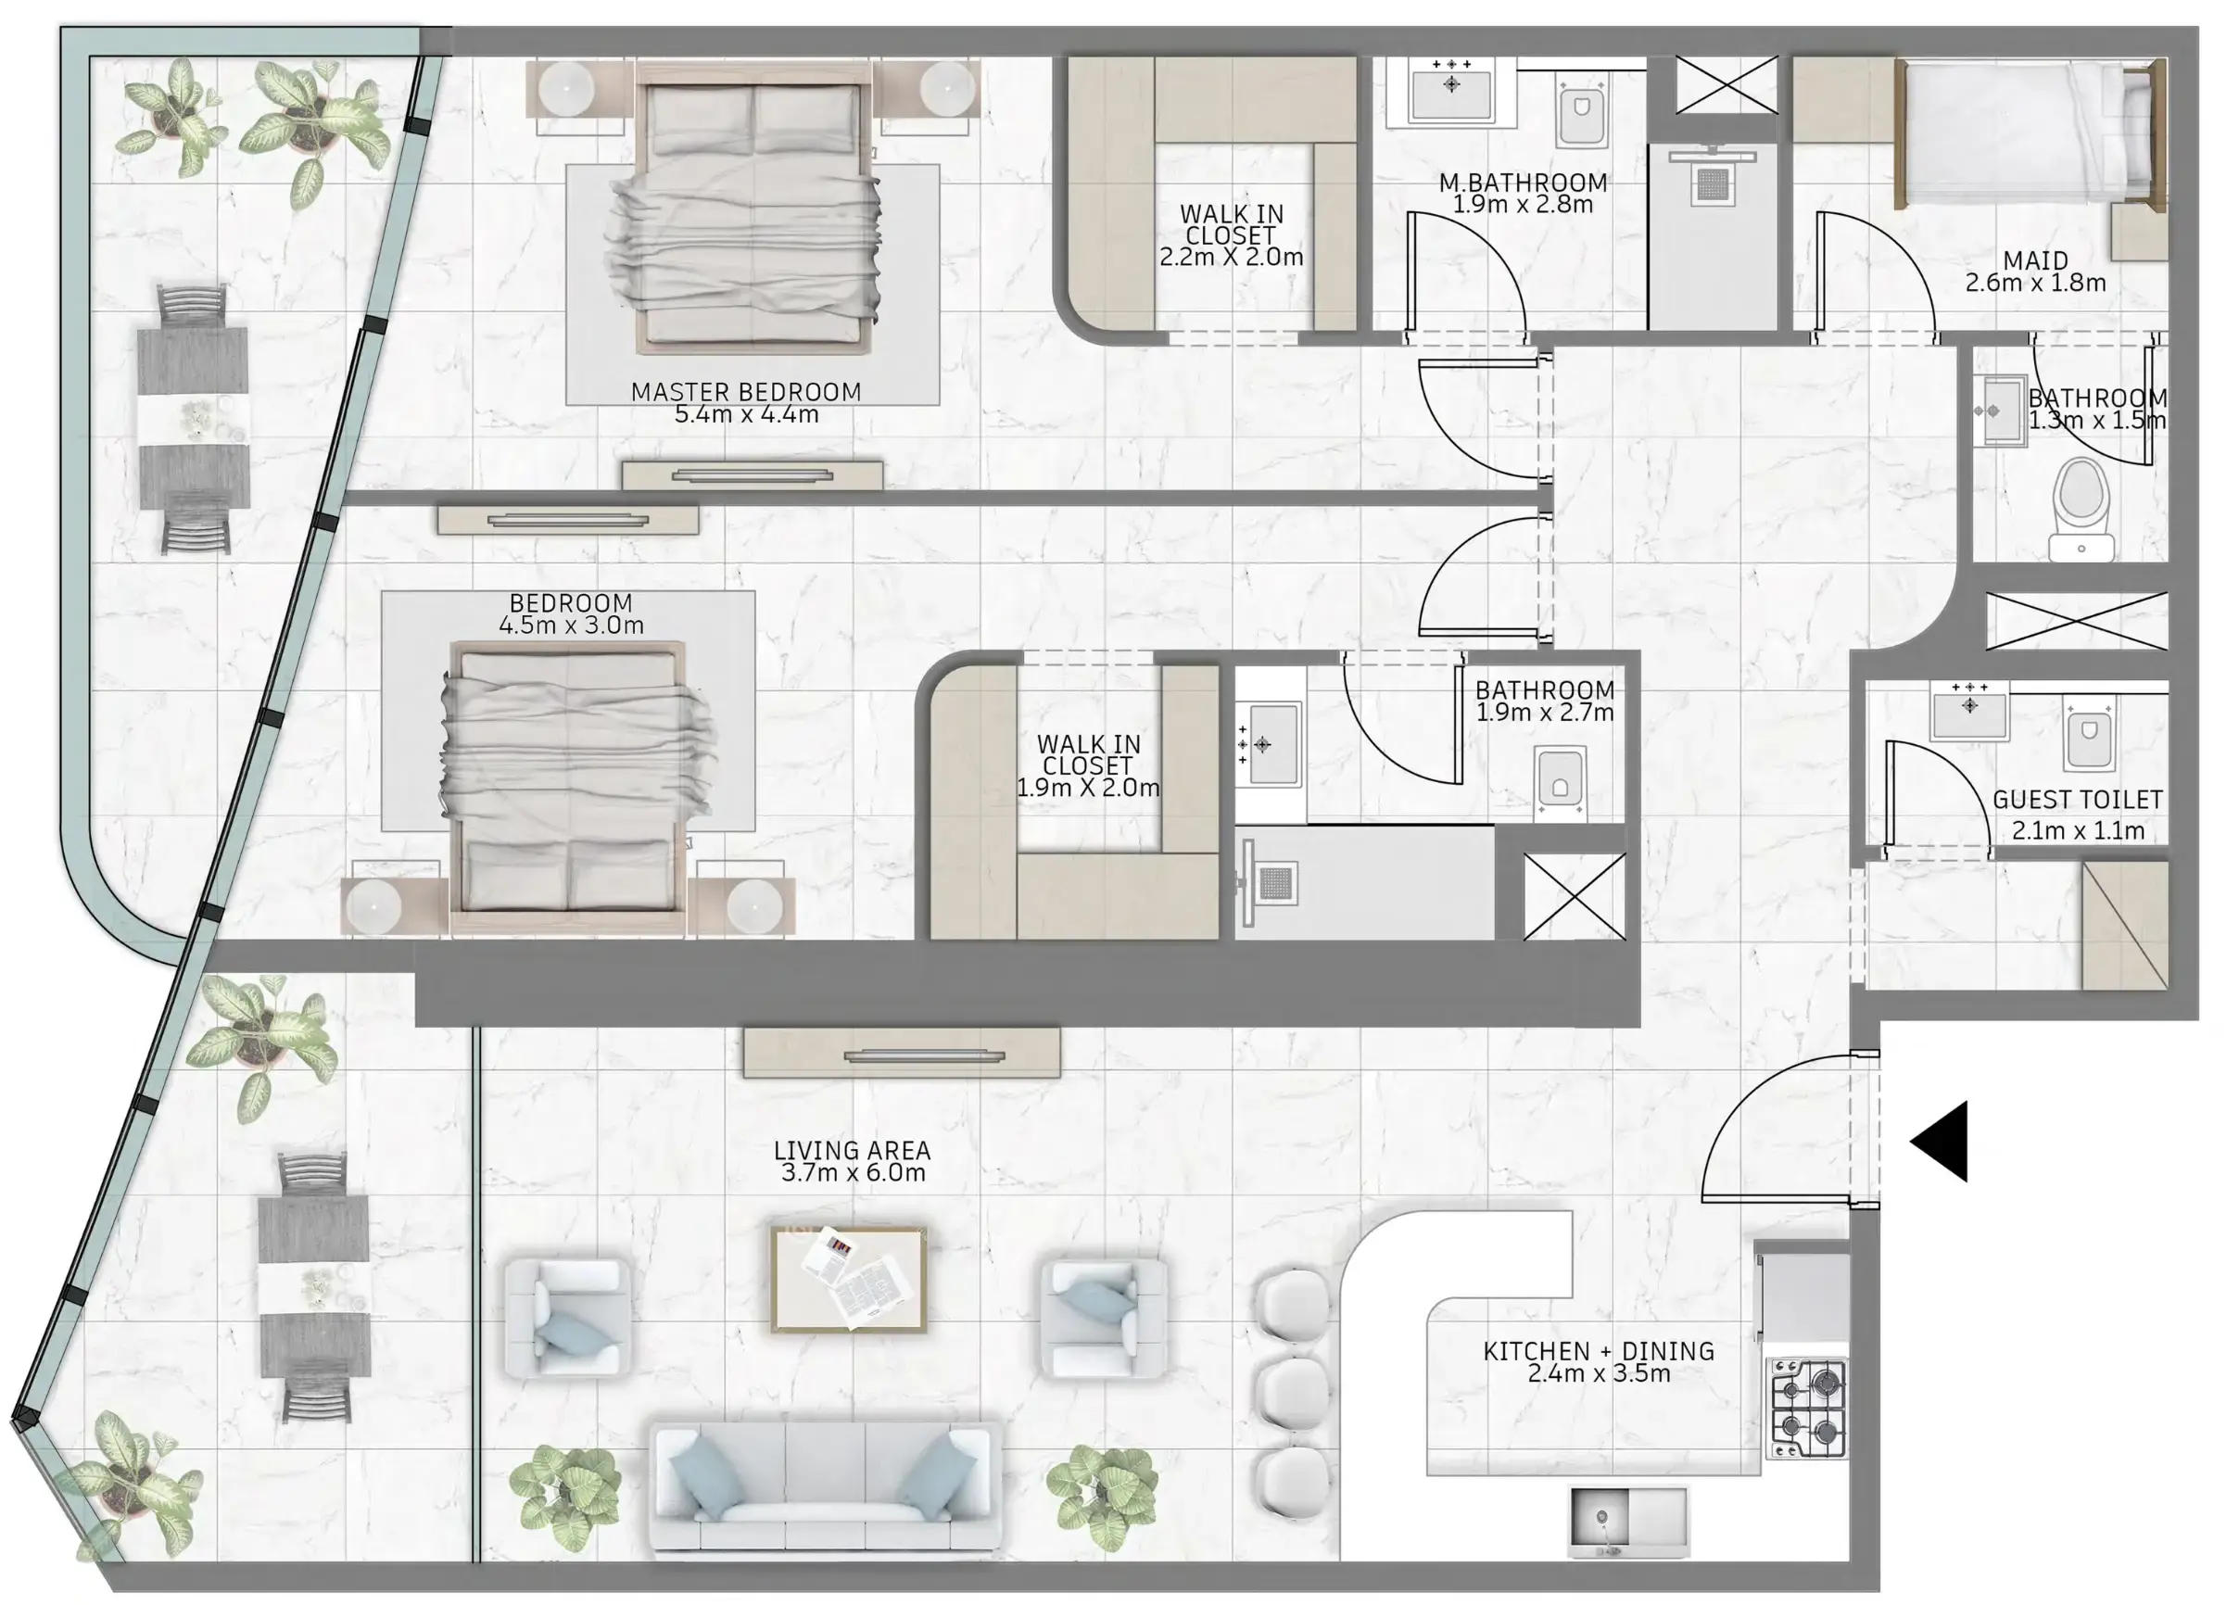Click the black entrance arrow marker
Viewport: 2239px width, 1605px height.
(1943, 1141)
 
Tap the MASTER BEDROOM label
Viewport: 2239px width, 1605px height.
(745, 392)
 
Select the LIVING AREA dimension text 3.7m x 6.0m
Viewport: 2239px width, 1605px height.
(853, 1172)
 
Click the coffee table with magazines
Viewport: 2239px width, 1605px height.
(849, 1278)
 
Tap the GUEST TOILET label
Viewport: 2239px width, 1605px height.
(2077, 800)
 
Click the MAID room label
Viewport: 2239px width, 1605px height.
(2034, 260)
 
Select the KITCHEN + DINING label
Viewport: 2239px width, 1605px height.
(1599, 1350)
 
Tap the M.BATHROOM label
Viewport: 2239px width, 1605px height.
(1523, 183)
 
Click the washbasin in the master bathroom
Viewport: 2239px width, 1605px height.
(1451, 92)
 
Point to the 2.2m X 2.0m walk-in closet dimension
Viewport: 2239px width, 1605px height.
(1231, 258)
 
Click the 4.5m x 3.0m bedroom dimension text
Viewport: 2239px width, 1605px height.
(571, 625)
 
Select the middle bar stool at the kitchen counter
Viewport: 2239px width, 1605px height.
(1293, 1393)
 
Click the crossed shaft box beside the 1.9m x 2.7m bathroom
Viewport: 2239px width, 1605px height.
(1574, 896)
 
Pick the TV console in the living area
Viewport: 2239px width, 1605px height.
(902, 1054)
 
